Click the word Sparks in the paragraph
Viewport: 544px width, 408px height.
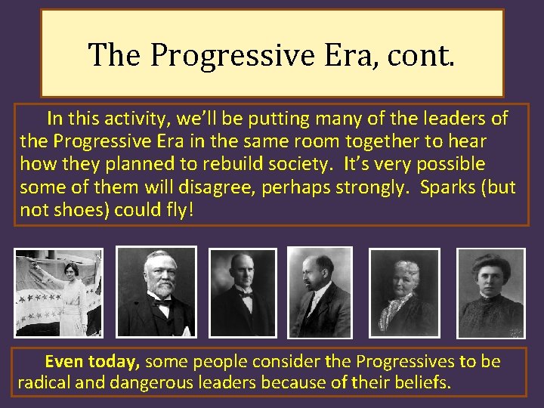[x=445, y=187]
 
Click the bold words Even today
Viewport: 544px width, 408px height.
[x=94, y=361]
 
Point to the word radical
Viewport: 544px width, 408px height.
[x=48, y=382]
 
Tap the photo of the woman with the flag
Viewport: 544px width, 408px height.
[x=58, y=292]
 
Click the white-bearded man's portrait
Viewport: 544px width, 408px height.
[x=156, y=292]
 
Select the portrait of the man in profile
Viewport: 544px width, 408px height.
[x=320, y=292]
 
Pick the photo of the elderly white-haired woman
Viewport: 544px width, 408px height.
[x=404, y=292]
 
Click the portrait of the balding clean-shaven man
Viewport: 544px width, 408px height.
[x=243, y=292]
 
